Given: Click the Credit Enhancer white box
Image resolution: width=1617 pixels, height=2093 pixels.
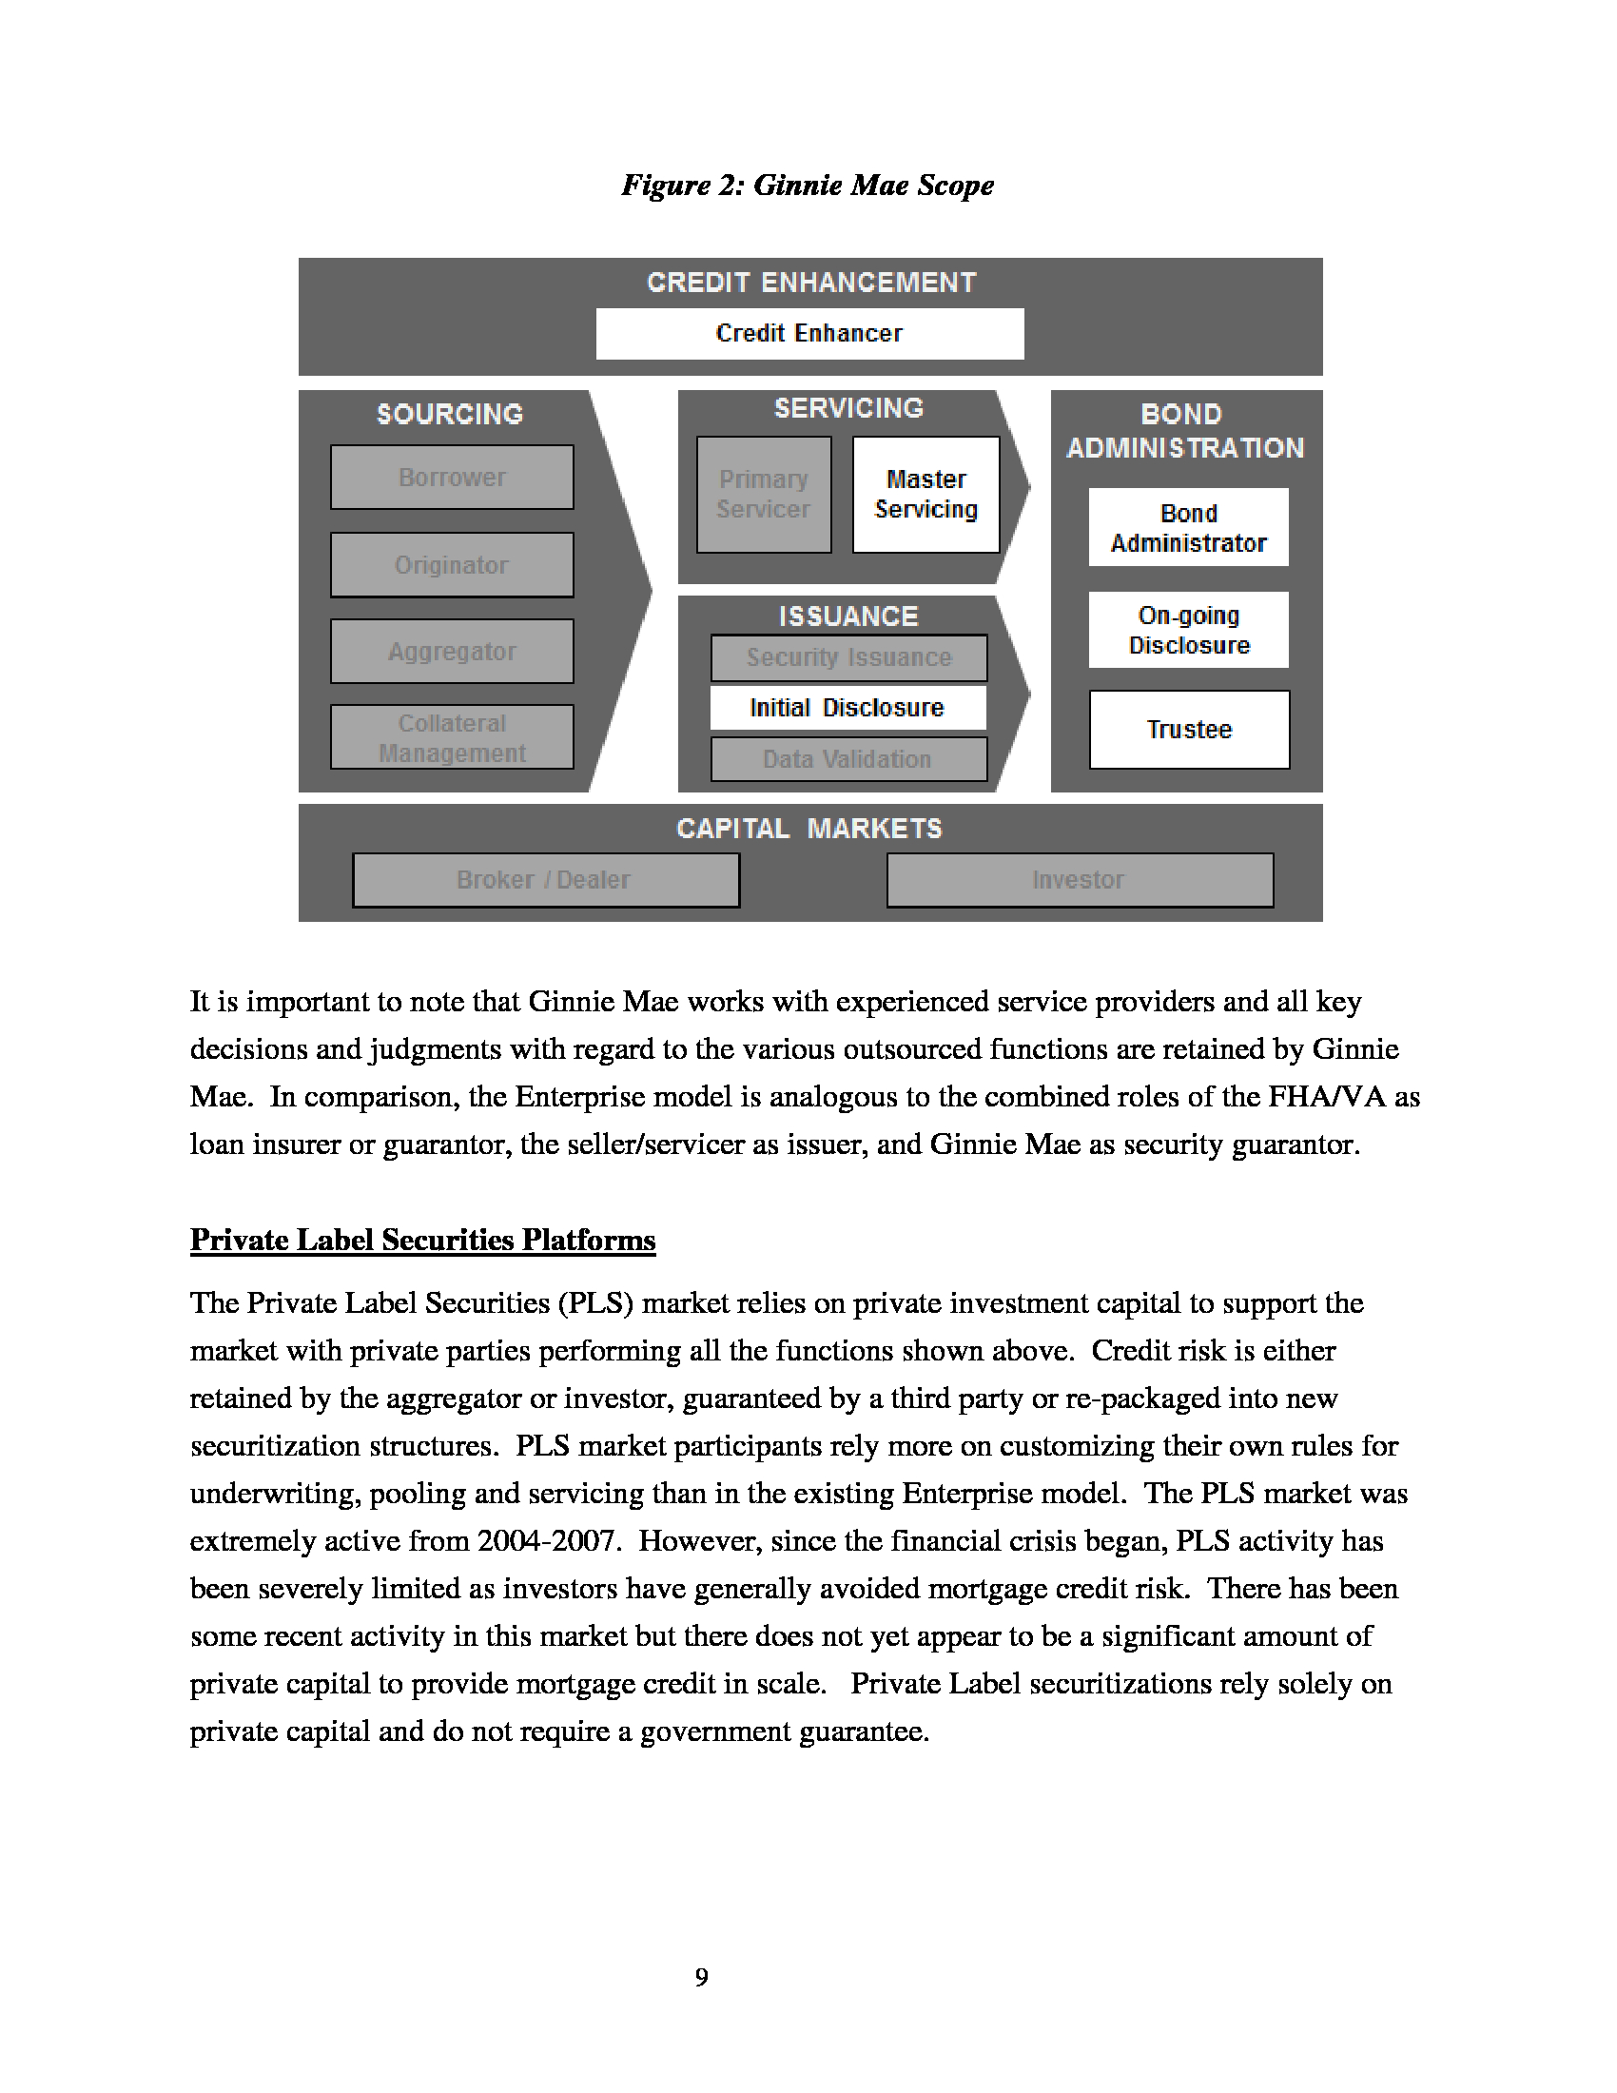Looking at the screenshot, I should click(x=809, y=334).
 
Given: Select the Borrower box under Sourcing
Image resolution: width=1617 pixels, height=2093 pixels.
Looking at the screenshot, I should click(x=452, y=478).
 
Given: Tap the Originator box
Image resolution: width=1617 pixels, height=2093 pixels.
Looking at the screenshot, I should click(x=452, y=565).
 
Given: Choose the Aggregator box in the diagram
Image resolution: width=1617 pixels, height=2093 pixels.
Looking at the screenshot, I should click(x=452, y=652).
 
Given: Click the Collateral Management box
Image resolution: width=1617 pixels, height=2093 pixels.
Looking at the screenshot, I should click(x=452, y=738).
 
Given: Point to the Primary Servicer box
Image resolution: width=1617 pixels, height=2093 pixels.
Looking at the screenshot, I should click(x=764, y=495).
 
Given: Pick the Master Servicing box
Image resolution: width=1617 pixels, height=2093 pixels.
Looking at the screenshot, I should click(x=926, y=495).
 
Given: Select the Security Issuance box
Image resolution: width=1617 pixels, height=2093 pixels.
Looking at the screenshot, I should click(x=848, y=657).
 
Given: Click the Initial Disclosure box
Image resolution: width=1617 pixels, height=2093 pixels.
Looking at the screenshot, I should click(x=847, y=708).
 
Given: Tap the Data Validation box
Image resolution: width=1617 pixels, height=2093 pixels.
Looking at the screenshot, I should click(x=847, y=759).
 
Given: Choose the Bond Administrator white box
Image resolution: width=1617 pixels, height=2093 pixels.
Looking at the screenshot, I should click(x=1188, y=528).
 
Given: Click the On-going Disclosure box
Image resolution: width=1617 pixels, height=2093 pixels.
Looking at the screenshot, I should click(x=1188, y=630).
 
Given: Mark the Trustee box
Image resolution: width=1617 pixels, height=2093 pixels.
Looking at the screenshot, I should click(x=1189, y=730).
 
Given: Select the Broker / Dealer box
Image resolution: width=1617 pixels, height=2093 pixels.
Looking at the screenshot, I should click(x=545, y=880).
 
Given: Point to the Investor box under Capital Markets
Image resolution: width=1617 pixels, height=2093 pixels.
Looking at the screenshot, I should click(x=1080, y=880).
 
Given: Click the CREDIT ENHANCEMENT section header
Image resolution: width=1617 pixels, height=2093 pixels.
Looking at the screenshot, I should click(x=811, y=283).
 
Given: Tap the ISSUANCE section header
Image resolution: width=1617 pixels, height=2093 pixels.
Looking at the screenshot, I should click(x=848, y=616).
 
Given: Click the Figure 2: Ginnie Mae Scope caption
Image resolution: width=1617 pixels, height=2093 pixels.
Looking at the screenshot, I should click(x=808, y=185).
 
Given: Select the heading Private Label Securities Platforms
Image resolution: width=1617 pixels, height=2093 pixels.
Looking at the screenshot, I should click(x=422, y=1240).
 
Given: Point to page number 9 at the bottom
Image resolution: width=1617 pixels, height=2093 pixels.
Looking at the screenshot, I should click(x=702, y=1977).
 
